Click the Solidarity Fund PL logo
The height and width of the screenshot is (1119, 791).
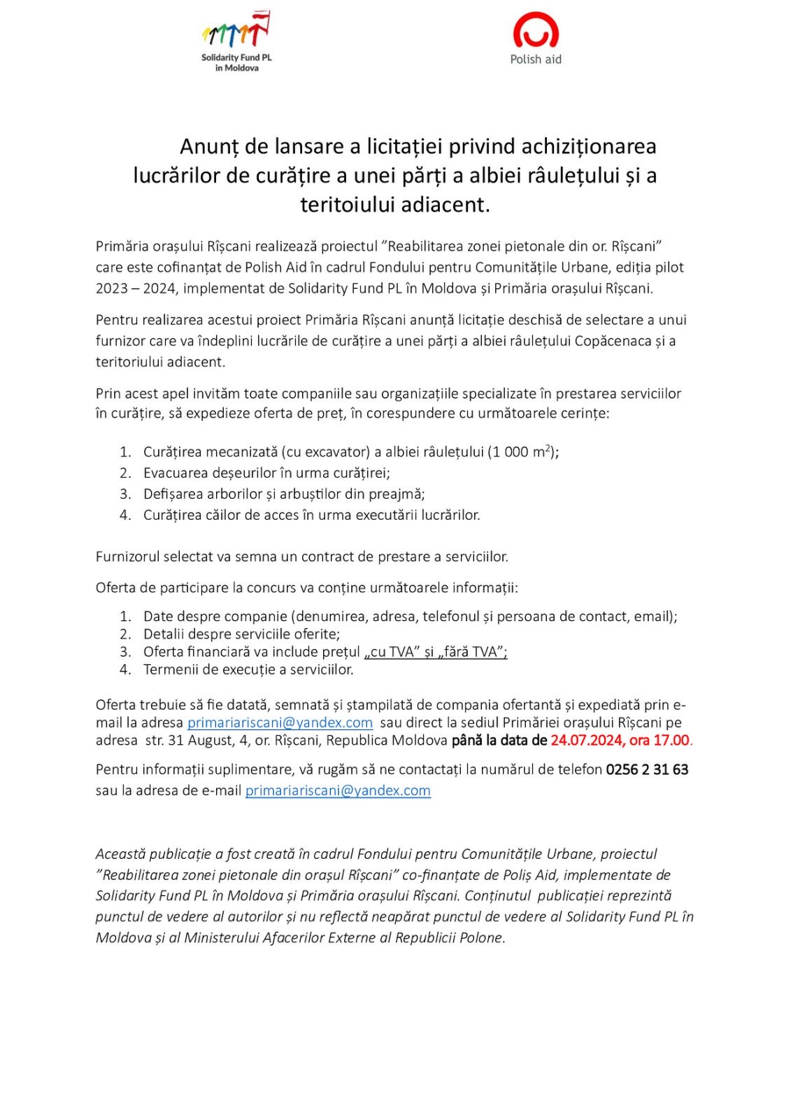[x=236, y=42]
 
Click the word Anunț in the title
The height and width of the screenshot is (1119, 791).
[x=209, y=146]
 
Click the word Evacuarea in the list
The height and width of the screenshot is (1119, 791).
[x=174, y=473]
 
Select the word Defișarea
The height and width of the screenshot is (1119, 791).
[x=174, y=494]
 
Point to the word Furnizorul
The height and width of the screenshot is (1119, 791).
[x=128, y=557]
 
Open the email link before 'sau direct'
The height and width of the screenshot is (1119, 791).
[x=280, y=722]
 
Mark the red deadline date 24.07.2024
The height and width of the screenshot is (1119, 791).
[x=584, y=740]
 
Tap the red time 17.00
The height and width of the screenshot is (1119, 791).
[x=671, y=740]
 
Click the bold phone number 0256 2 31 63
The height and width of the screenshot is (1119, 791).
[x=647, y=769]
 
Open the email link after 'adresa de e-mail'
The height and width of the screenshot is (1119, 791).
[x=338, y=790]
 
